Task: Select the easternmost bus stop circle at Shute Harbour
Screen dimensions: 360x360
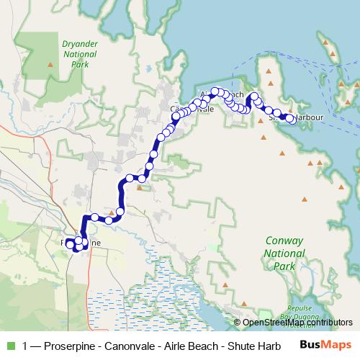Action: coord(290,119)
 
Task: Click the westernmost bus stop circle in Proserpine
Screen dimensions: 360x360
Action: coord(71,245)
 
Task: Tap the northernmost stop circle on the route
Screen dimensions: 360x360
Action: coord(215,91)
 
